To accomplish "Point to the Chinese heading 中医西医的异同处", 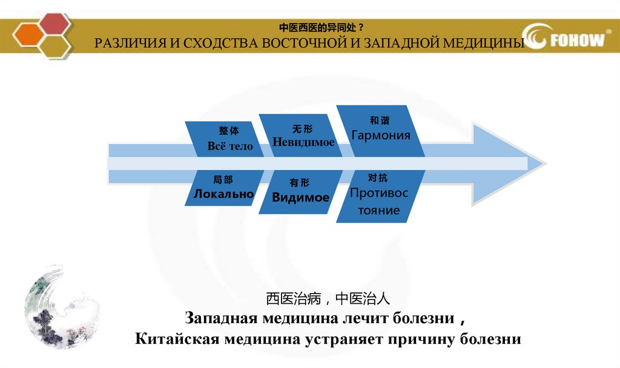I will tap(321, 28).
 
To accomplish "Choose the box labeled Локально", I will tap(223, 188).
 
